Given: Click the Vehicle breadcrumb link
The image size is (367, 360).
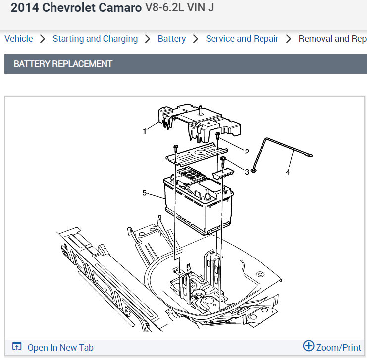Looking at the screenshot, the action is coord(19,39).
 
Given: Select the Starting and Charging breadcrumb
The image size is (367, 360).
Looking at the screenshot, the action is coord(95,39).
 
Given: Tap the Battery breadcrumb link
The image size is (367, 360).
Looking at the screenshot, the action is coord(172,39).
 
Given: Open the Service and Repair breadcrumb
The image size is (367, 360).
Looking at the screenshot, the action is coord(242,39).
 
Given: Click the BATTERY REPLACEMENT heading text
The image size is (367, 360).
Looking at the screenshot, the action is coord(63,64).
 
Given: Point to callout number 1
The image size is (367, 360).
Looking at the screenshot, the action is coord(145,131).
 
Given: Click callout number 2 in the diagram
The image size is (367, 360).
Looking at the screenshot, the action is coord(247,152).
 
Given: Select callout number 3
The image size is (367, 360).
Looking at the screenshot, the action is coord(247,172).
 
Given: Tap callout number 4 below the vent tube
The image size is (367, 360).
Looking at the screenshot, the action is coord(288,172).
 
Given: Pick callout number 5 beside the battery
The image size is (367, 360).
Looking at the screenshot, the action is coord(145,193).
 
